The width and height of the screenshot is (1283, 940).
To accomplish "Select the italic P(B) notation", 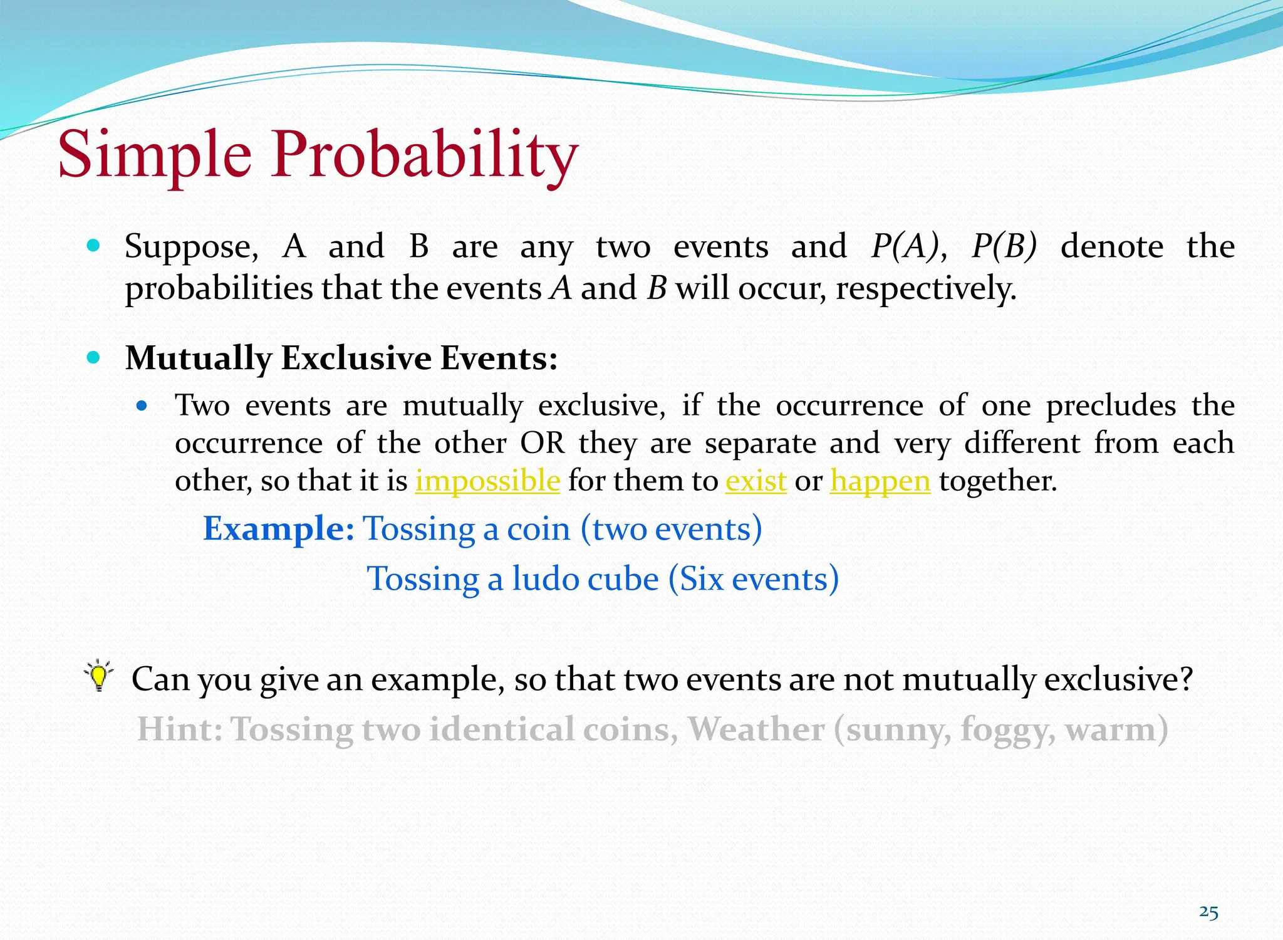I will pos(1004,246).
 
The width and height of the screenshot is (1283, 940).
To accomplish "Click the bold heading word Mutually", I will pos(198,358).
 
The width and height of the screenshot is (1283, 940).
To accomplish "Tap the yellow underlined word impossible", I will pos(487,481).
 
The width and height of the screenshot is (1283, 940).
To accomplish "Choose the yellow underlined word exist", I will pos(756,481).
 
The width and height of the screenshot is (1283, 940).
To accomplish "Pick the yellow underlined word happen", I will pos(880,482).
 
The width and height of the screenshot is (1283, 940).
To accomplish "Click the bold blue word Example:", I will pos(279,528).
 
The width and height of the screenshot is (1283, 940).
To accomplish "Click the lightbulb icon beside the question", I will pos(98,676).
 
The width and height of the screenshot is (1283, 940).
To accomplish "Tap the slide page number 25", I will pos(1208,912).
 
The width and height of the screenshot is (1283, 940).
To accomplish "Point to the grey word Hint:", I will pos(180,729).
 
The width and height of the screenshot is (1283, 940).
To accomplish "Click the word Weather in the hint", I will pos(756,729).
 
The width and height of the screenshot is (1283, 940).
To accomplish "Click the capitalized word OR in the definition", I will pos(543,443).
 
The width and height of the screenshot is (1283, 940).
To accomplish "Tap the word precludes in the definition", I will pos(1111,405).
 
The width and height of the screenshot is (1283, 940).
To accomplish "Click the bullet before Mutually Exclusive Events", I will pos(94,358).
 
